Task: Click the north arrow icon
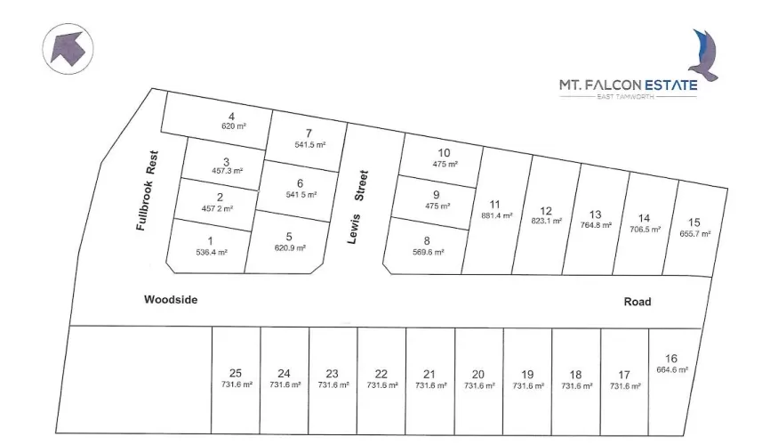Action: (68, 46)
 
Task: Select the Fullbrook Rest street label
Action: (148, 190)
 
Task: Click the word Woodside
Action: (171, 300)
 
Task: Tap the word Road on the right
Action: (638, 302)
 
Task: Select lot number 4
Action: (231, 117)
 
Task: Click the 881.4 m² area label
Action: (497, 215)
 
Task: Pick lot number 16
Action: (671, 359)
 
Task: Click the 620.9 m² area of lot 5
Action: (290, 247)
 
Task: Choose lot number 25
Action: (236, 374)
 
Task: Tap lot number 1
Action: (211, 241)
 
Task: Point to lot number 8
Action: (427, 240)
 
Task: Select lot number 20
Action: (478, 374)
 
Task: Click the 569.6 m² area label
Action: (427, 252)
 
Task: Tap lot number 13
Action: (596, 214)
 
